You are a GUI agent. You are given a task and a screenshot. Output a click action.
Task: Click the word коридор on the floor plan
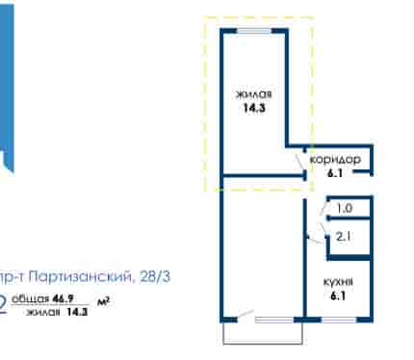click(x=335, y=160)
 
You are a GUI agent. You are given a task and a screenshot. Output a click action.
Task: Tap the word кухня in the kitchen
click(x=338, y=282)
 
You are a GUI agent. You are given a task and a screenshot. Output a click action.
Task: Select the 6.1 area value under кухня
click(x=338, y=296)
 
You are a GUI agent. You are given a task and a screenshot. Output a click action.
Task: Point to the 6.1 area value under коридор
click(x=335, y=173)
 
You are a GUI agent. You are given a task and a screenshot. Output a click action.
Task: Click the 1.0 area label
click(x=345, y=209)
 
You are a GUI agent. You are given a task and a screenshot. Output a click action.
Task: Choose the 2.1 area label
click(x=343, y=237)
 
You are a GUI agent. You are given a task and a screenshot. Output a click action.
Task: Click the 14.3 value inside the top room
click(x=254, y=108)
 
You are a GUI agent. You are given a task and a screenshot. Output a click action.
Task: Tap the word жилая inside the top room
click(x=254, y=94)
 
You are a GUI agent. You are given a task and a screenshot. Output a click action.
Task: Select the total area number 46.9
click(x=64, y=298)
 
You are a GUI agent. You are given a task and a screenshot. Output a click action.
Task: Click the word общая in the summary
click(x=31, y=298)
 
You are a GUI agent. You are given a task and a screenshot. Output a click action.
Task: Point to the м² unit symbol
click(x=103, y=301)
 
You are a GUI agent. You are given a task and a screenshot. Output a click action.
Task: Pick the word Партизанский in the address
click(x=80, y=276)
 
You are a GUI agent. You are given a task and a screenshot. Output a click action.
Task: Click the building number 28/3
click(x=155, y=276)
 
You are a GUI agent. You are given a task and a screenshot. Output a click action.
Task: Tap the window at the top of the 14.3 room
click(x=254, y=31)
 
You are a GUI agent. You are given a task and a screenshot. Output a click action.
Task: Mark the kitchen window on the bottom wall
click(x=339, y=320)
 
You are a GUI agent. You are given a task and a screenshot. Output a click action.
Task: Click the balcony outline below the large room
click(x=263, y=344)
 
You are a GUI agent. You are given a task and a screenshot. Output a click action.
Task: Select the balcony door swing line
click(x=246, y=315)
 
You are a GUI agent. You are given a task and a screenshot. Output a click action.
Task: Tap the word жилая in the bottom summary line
click(x=43, y=312)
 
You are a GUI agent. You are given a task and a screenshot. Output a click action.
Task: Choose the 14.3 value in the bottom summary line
click(x=77, y=312)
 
